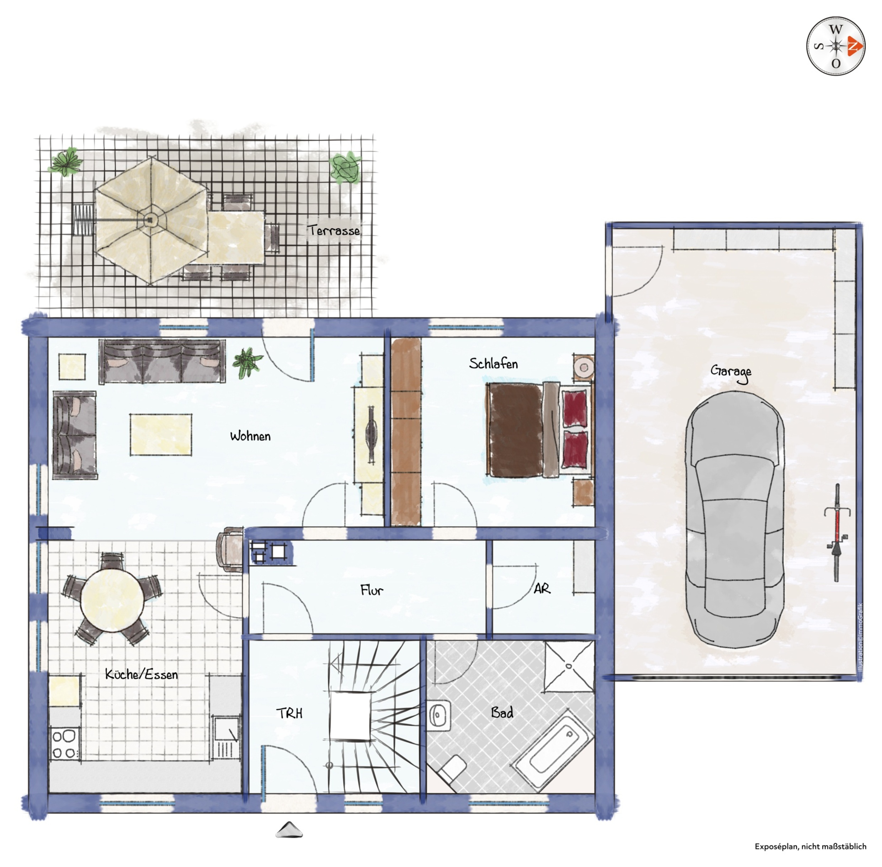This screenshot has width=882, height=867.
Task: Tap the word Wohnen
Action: tap(250, 436)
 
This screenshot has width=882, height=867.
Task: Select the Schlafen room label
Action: tap(493, 364)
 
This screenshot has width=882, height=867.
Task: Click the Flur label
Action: tap(372, 591)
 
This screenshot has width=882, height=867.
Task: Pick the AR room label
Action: tap(542, 589)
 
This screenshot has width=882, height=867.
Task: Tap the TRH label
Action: tap(289, 713)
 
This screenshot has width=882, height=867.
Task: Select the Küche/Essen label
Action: tap(141, 674)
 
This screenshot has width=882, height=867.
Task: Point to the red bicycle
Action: tap(836, 532)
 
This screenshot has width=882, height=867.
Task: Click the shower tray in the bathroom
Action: tap(569, 666)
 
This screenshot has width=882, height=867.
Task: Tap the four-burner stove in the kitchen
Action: tap(65, 744)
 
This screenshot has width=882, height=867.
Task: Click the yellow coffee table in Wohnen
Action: tap(161, 435)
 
